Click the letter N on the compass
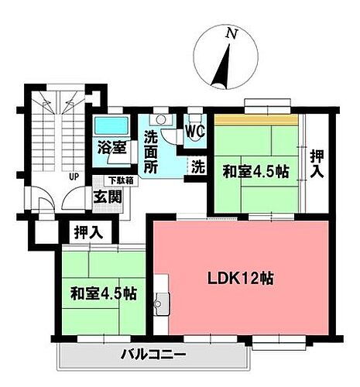(x=230, y=34)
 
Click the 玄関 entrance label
(x=108, y=197)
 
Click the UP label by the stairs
(x=74, y=176)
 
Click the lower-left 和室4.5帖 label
(x=103, y=294)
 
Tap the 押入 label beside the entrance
(x=87, y=231)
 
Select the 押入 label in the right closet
(x=317, y=165)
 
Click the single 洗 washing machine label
(x=198, y=165)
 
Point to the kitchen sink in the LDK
(x=160, y=303)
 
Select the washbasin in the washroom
(x=160, y=121)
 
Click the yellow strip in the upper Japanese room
(x=256, y=121)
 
